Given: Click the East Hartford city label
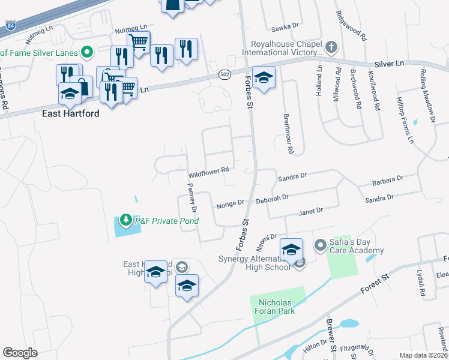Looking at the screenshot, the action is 71,113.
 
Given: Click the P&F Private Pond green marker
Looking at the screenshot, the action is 126,220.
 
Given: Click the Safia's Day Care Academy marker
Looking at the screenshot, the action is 320,245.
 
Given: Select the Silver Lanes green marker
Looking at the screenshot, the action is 87,52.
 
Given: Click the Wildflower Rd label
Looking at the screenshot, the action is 209,171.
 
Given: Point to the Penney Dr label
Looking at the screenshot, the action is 193,202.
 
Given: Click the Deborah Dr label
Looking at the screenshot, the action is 273,197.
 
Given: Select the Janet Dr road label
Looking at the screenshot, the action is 311,211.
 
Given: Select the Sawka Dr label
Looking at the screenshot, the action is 285,26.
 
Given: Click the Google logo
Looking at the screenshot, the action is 20,353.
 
